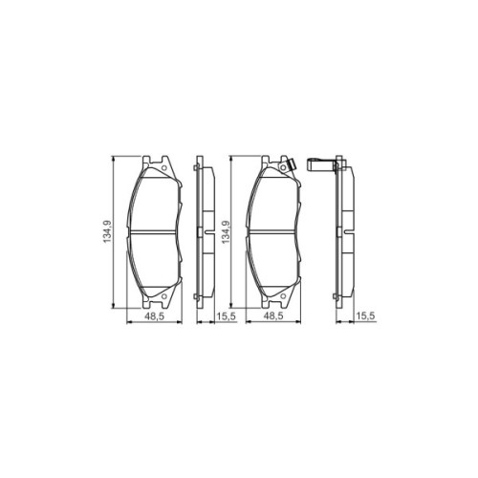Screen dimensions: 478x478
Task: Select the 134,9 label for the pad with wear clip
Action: (x=226, y=230)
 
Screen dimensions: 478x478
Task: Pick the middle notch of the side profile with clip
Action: (x=348, y=232)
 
